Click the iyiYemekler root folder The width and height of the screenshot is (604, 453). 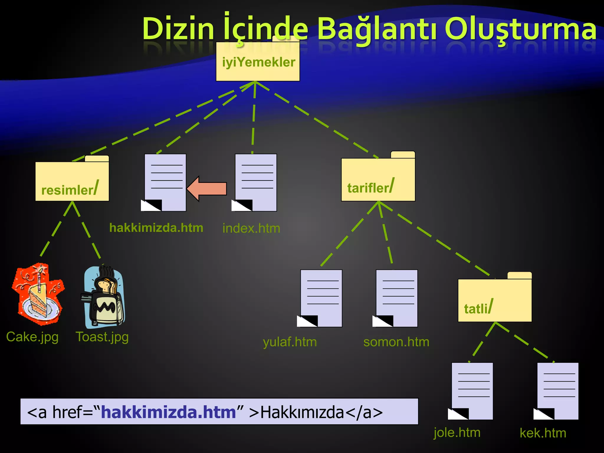pyautogui.click(x=258, y=62)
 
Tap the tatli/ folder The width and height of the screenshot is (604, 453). pyautogui.click(x=495, y=300)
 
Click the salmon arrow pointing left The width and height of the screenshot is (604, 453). pyautogui.click(x=207, y=188)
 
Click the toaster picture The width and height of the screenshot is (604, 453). pyautogui.click(x=103, y=298)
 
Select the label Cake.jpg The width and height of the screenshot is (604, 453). pyautogui.click(x=32, y=337)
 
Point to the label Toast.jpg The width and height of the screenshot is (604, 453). pyautogui.click(x=102, y=337)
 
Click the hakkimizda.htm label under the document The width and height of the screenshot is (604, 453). pyautogui.click(x=156, y=228)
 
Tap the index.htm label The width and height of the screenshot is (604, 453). pyautogui.click(x=251, y=229)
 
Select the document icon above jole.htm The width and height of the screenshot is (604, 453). pyautogui.click(x=472, y=391)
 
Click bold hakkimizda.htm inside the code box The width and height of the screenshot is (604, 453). pyautogui.click(x=168, y=412)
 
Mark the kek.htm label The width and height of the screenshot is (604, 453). pyautogui.click(x=543, y=433)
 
